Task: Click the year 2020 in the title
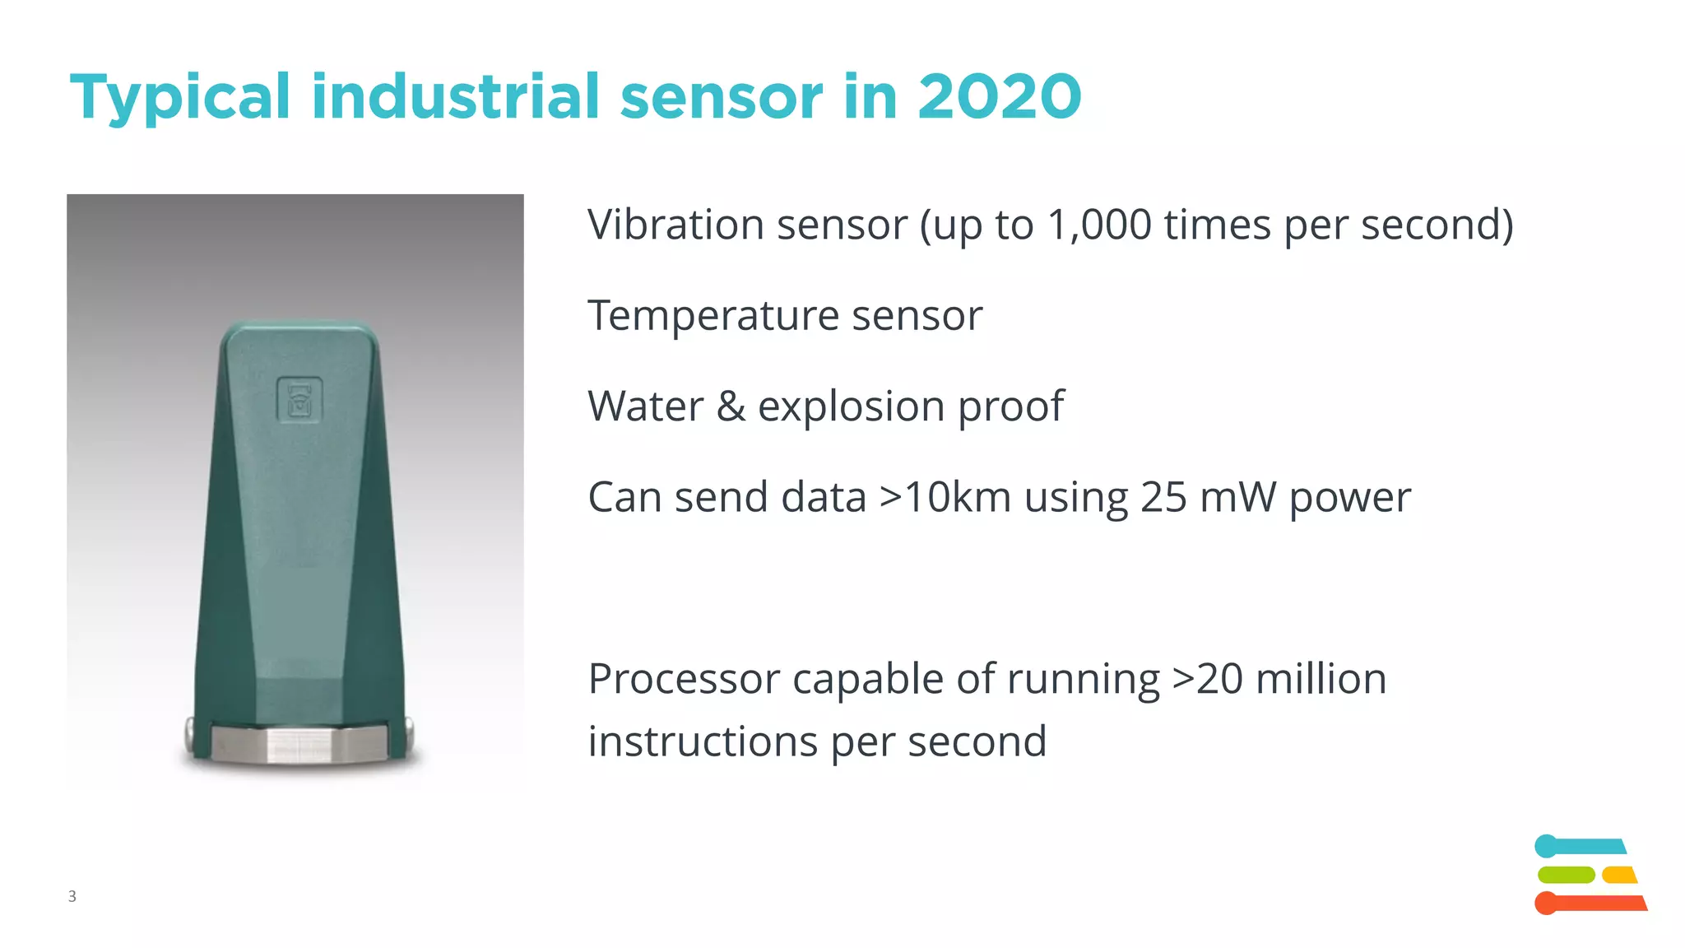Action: point(999,97)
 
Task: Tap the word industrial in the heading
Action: point(455,97)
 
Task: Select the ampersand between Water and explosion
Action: point(731,407)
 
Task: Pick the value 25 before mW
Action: point(1163,497)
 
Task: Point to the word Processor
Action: point(684,680)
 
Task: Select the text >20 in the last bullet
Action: point(1207,680)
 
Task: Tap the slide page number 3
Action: point(72,896)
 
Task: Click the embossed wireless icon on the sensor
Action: point(299,400)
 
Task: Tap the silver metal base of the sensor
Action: point(298,743)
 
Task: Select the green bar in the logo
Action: point(1566,875)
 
